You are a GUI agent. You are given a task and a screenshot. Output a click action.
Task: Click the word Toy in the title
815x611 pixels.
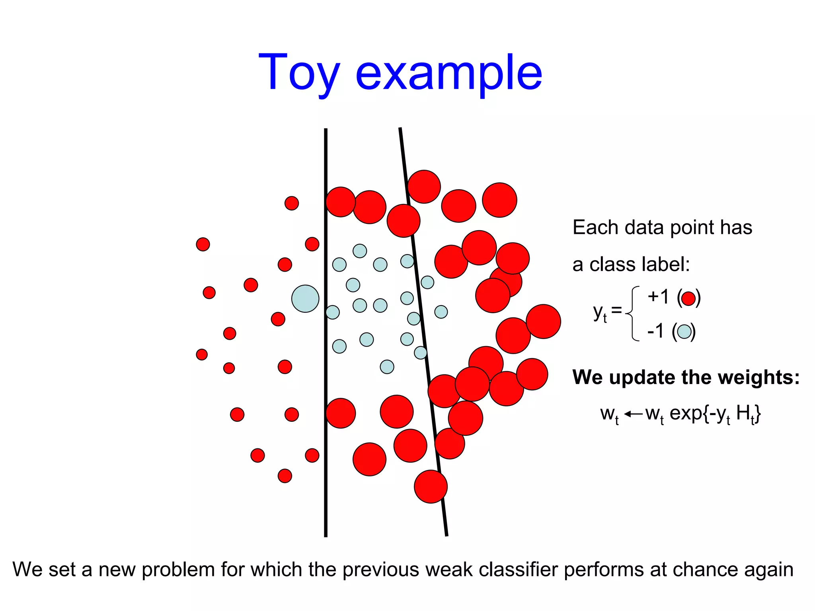pos(298,74)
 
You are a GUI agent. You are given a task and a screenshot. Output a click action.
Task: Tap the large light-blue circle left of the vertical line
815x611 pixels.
pos(305,298)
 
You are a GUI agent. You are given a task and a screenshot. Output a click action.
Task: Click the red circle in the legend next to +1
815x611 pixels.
pos(688,298)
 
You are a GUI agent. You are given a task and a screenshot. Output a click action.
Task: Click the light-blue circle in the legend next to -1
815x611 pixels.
pos(684,331)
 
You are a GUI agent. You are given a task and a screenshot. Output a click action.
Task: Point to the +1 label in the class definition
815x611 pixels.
pos(658,297)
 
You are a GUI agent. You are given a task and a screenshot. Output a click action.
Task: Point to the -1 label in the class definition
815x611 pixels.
pos(655,331)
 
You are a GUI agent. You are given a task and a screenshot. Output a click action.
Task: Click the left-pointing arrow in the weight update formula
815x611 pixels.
pos(633,414)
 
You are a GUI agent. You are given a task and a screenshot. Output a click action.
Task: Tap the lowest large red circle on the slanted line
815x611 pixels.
pos(431,487)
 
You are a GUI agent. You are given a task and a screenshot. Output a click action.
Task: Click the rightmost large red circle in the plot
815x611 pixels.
pos(543,321)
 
